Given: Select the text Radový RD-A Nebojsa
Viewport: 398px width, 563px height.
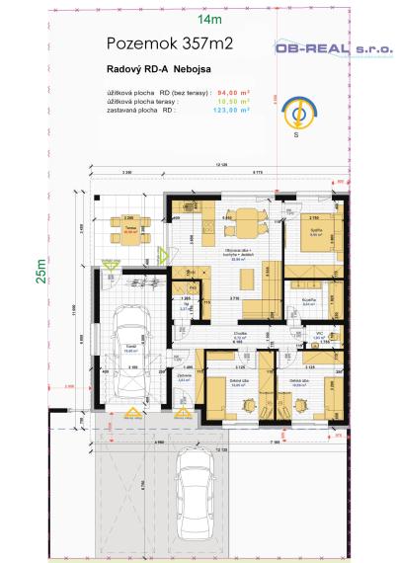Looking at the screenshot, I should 157,70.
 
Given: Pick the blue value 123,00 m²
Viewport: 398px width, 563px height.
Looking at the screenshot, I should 235,110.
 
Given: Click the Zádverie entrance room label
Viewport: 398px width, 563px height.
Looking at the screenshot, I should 183,376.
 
